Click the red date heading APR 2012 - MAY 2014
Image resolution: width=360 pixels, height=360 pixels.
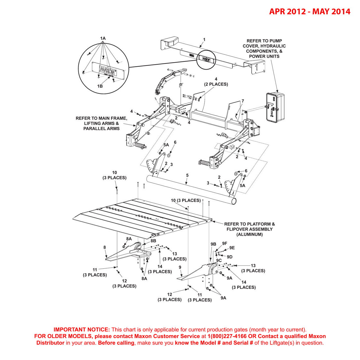point(310,11)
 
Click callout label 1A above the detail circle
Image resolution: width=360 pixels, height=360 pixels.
point(103,38)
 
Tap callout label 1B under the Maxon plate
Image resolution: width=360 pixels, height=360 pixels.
point(100,86)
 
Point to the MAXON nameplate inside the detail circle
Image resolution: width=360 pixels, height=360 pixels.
point(108,71)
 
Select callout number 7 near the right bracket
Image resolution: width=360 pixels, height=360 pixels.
point(243,101)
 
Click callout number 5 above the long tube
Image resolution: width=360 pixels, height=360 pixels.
point(187,175)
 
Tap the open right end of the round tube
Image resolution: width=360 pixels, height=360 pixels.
point(234,201)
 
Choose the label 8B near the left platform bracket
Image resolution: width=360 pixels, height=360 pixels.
point(153,241)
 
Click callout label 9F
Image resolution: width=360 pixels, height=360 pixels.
point(224,244)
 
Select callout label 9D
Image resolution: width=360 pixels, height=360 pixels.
point(229,257)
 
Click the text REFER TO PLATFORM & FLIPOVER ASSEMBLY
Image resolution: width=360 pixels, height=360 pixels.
point(249,229)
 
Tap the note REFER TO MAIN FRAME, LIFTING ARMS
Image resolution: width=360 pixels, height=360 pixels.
point(101,123)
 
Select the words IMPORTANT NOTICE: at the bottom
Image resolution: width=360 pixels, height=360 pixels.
point(82,330)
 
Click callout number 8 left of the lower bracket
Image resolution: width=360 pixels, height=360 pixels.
point(105,247)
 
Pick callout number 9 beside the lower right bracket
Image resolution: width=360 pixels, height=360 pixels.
point(180,267)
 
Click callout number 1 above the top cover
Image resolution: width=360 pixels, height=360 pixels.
point(204,40)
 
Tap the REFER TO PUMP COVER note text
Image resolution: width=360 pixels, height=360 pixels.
point(264,48)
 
